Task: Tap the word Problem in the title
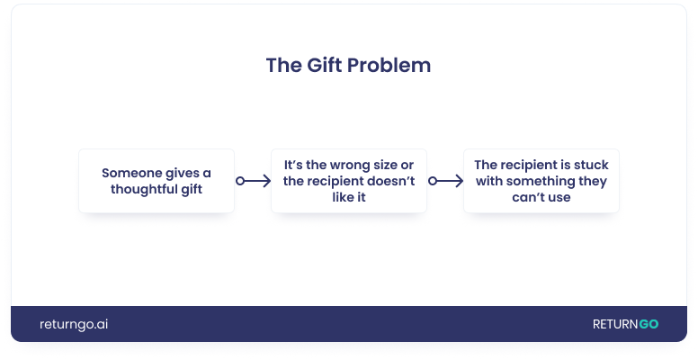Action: coord(389,65)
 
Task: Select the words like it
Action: coord(349,197)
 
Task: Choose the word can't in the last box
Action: coord(528,197)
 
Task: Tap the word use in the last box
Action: coord(559,197)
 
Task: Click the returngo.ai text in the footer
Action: coord(74,324)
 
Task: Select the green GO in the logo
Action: coord(649,324)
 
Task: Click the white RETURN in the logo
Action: coord(615,324)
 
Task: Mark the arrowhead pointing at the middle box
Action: coord(267,181)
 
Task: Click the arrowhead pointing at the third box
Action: coord(460,181)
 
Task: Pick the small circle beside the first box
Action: coord(240,181)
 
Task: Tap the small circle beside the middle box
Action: coord(433,181)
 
